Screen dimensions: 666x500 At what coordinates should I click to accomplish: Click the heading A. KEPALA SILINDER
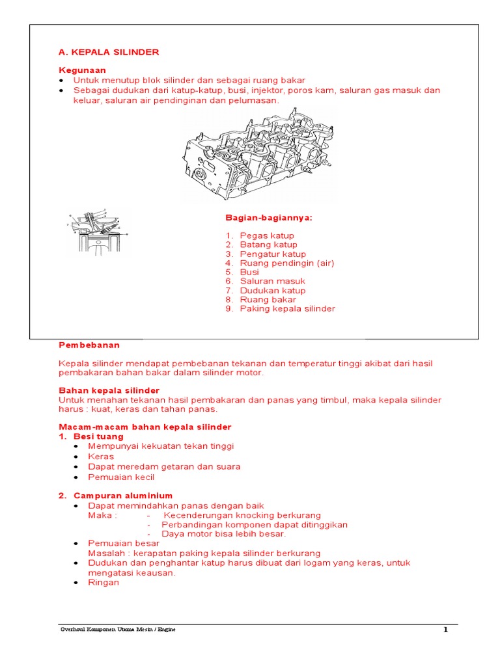(x=109, y=52)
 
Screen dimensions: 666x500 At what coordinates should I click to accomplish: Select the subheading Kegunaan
(x=82, y=70)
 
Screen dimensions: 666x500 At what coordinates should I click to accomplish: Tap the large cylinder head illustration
(x=260, y=155)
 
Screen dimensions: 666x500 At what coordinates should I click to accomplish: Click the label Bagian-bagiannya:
(x=269, y=217)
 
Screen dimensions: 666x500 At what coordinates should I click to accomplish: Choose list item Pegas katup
(x=267, y=235)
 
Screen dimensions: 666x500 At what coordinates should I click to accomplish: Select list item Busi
(x=249, y=272)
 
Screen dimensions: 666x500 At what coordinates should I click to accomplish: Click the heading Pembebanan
(x=89, y=345)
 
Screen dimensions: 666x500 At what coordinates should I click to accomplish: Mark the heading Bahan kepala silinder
(x=109, y=390)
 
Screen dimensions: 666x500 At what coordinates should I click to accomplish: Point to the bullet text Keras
(x=101, y=457)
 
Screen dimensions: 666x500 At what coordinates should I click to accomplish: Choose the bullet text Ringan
(x=104, y=583)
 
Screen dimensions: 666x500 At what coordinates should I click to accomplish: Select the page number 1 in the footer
(x=446, y=630)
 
